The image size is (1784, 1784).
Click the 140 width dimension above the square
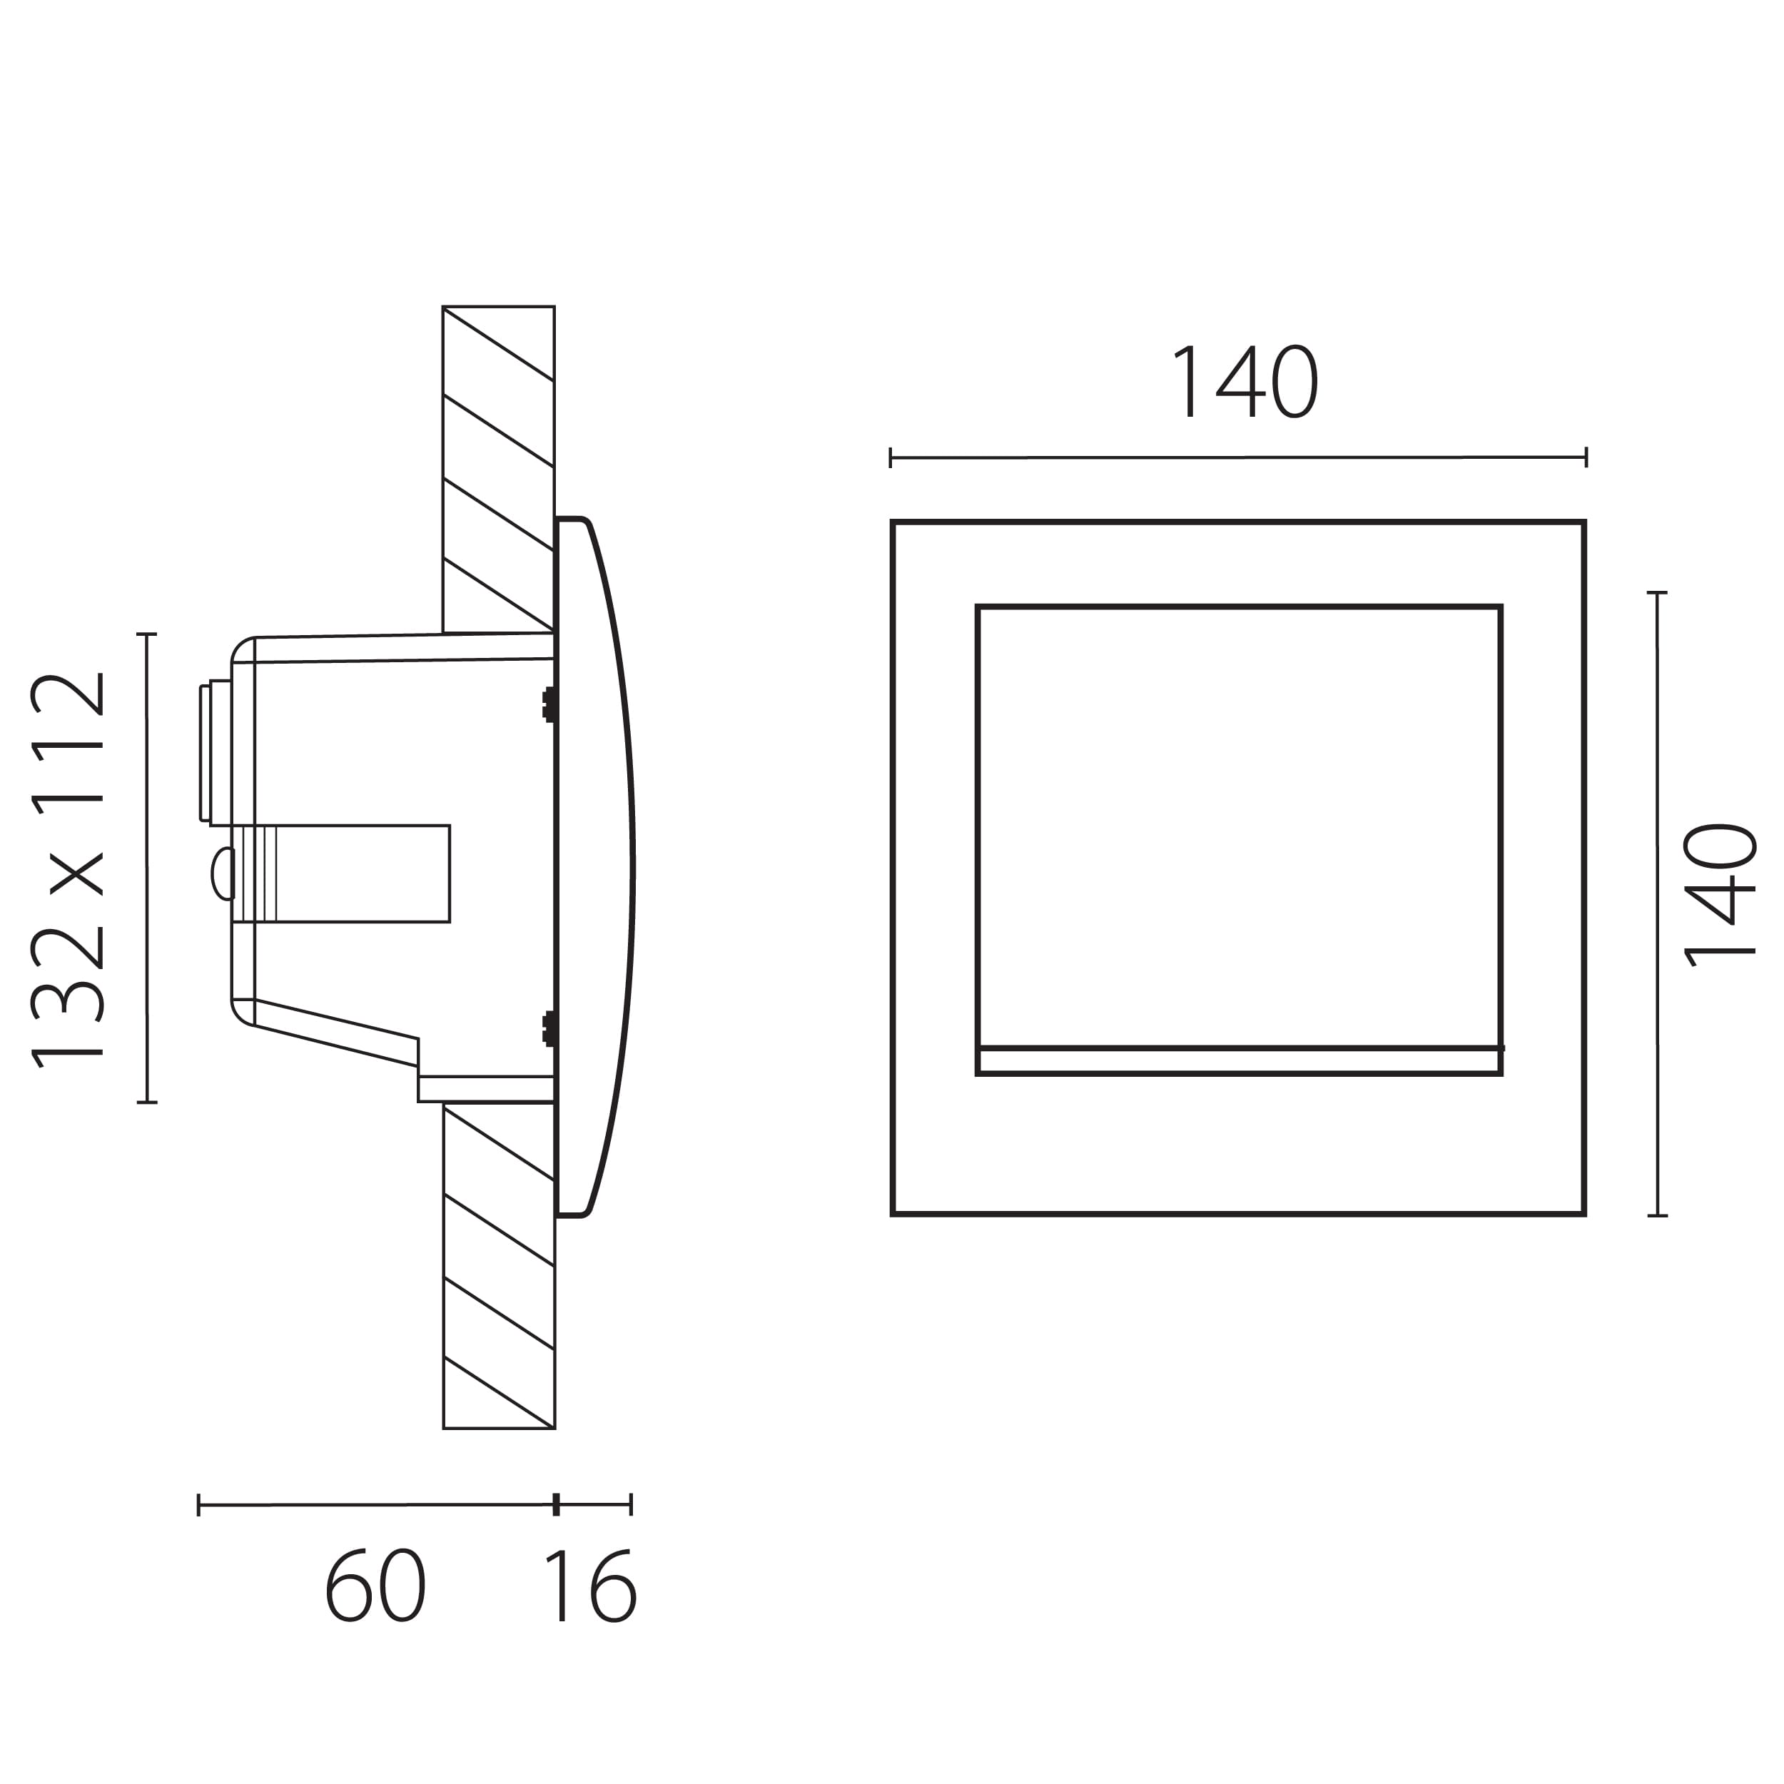(x=1244, y=381)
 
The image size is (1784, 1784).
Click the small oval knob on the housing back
(x=223, y=873)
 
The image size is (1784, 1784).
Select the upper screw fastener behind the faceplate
(x=549, y=706)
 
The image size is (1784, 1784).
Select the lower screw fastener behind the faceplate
(x=549, y=1029)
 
